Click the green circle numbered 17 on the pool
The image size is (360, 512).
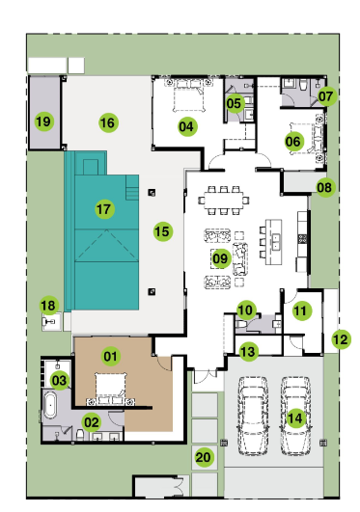coord(104,209)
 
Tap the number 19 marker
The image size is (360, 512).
coord(44,121)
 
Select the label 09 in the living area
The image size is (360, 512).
coord(220,258)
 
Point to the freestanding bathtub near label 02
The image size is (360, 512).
coord(50,405)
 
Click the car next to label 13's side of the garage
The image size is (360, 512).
coord(253,416)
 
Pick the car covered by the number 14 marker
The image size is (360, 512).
coord(295,416)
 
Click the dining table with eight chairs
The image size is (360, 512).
coord(224,200)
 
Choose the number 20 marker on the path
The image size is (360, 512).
coord(203,457)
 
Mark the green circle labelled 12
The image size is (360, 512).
coord(341,339)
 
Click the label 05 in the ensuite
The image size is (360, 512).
coord(235,103)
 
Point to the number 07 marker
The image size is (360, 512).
coord(326,96)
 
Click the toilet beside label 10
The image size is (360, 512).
coord(241,324)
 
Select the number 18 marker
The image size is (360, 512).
coord(48,306)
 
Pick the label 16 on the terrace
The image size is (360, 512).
coord(108,122)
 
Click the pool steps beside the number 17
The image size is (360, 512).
coord(132,187)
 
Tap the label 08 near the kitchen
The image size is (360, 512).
coord(324,187)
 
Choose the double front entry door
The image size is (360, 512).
coord(205,375)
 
